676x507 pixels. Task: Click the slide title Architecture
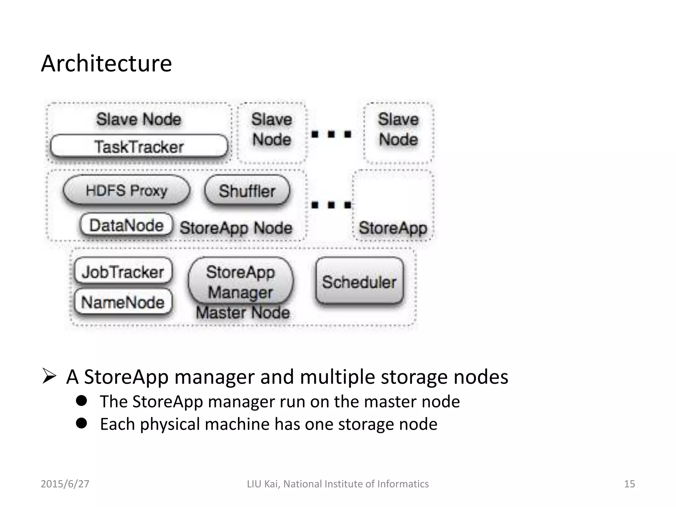pyautogui.click(x=106, y=63)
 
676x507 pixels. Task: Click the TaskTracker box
pyautogui.click(x=139, y=147)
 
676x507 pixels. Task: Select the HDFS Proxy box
pyautogui.click(x=126, y=190)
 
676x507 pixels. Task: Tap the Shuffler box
pyautogui.click(x=247, y=191)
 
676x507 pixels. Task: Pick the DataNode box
pyautogui.click(x=126, y=225)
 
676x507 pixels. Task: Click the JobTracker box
pyautogui.click(x=123, y=272)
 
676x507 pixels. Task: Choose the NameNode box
pyautogui.click(x=123, y=302)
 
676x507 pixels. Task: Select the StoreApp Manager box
pyautogui.click(x=240, y=282)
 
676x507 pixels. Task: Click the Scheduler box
pyautogui.click(x=359, y=282)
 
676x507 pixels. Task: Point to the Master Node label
pyautogui.click(x=243, y=312)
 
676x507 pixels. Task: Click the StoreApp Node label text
pyautogui.click(x=236, y=228)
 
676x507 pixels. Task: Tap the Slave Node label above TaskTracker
pyautogui.click(x=139, y=119)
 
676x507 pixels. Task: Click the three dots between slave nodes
pyautogui.click(x=331, y=134)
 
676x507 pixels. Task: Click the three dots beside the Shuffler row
pyautogui.click(x=331, y=205)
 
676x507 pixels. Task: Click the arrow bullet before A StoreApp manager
pyautogui.click(x=49, y=377)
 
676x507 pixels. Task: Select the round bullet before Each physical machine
pyautogui.click(x=81, y=423)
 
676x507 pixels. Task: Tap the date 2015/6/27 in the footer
pyautogui.click(x=65, y=484)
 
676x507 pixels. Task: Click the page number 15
pyautogui.click(x=629, y=484)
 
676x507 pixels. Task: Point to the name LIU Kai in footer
pyautogui.click(x=263, y=484)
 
